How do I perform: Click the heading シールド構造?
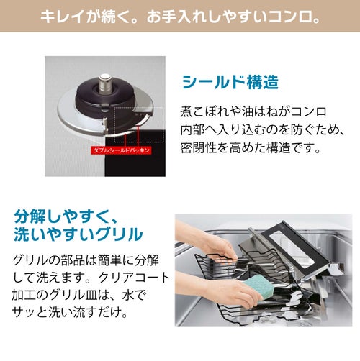pos(230,82)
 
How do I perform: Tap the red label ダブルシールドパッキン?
pos(122,150)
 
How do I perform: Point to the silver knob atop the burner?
pos(105,83)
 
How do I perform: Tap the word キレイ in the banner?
pos(62,17)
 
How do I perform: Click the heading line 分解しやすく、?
pos(66,216)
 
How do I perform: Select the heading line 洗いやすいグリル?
pos(78,234)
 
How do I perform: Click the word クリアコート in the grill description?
pos(134,278)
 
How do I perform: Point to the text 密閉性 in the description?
pos(199,147)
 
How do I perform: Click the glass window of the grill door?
pos(292,250)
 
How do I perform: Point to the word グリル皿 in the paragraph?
pos(73,295)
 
